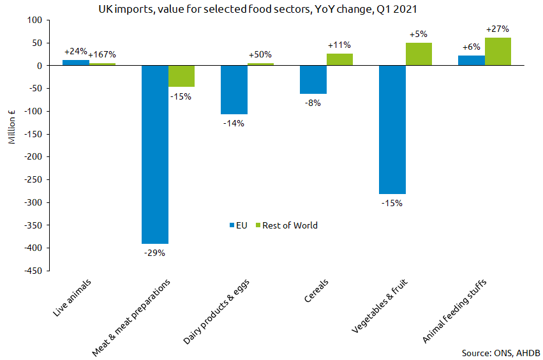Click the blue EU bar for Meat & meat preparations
[155, 154]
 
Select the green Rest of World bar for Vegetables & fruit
[419, 54]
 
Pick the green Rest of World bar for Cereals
[339, 59]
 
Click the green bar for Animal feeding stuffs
[498, 52]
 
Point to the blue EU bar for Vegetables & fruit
[392, 130]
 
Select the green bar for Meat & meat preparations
[181, 76]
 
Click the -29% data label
[155, 253]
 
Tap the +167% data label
[102, 55]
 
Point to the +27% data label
[498, 29]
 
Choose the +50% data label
[260, 55]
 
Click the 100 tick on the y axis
[34, 20]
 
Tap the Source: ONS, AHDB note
[500, 352]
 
